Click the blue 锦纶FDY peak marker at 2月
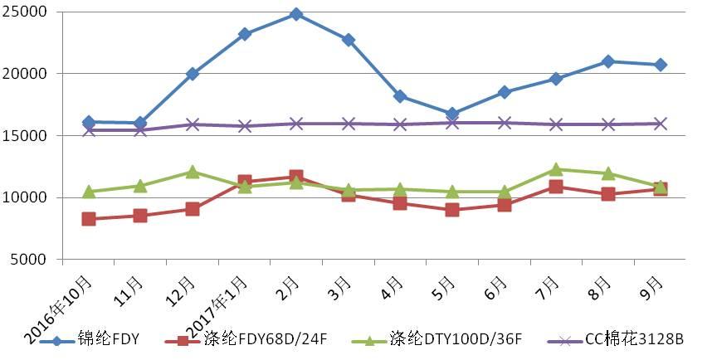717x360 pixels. coord(296,14)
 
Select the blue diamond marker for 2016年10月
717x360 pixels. coord(89,122)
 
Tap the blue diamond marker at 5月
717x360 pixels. coord(452,114)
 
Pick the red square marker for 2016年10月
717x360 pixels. coord(89,219)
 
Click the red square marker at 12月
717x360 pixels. coord(193,209)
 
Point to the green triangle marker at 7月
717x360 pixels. coord(556,169)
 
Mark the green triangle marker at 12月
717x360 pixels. coord(193,172)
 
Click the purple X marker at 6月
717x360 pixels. coord(504,123)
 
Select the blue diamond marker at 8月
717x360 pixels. coord(608,61)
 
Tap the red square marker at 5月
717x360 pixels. coord(452,210)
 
